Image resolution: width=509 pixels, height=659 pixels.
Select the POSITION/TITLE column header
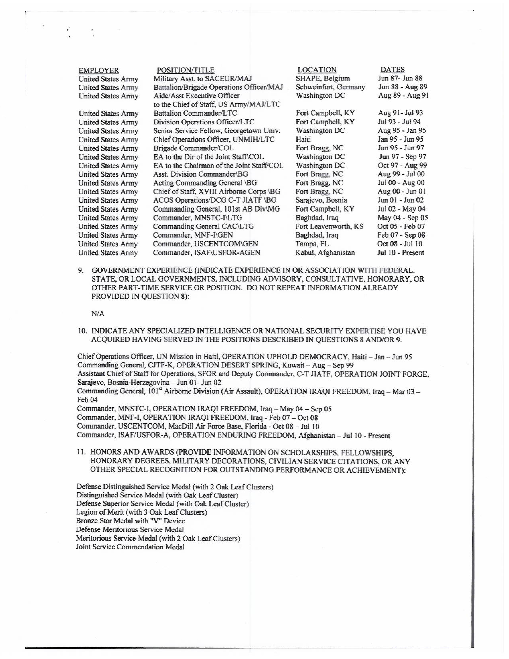click(x=185, y=70)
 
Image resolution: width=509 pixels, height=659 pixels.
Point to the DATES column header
click(x=392, y=70)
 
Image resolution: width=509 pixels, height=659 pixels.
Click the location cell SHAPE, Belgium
click(x=323, y=78)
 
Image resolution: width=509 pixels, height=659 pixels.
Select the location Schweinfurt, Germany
click(x=330, y=87)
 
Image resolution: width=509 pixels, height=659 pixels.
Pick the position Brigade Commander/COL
click(x=193, y=148)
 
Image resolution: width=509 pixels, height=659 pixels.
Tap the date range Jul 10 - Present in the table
click(x=400, y=253)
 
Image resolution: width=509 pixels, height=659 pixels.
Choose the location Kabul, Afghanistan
click(x=325, y=253)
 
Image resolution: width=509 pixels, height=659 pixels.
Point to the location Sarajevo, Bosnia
click(x=321, y=200)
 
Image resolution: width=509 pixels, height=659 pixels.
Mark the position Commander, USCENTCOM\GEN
click(x=205, y=244)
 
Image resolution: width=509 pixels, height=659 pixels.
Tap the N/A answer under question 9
click(x=98, y=314)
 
